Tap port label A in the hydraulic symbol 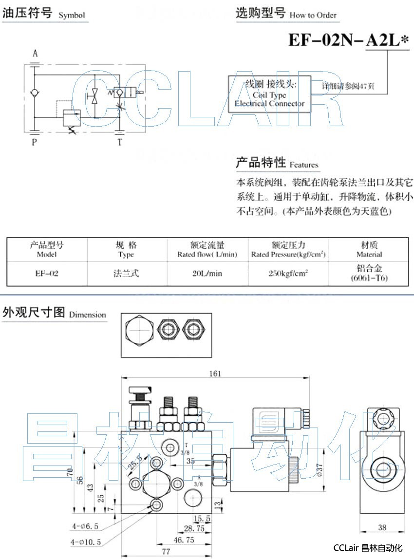click(35, 54)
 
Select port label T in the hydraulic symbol click(120, 142)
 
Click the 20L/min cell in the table click(207, 273)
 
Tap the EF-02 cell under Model click(47, 273)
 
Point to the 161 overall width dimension click(215, 373)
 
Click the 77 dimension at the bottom click(166, 551)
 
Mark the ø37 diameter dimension click(320, 469)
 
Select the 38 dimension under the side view click(382, 527)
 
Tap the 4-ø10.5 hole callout click(86, 541)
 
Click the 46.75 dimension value click(184, 540)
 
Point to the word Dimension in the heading click(87, 315)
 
